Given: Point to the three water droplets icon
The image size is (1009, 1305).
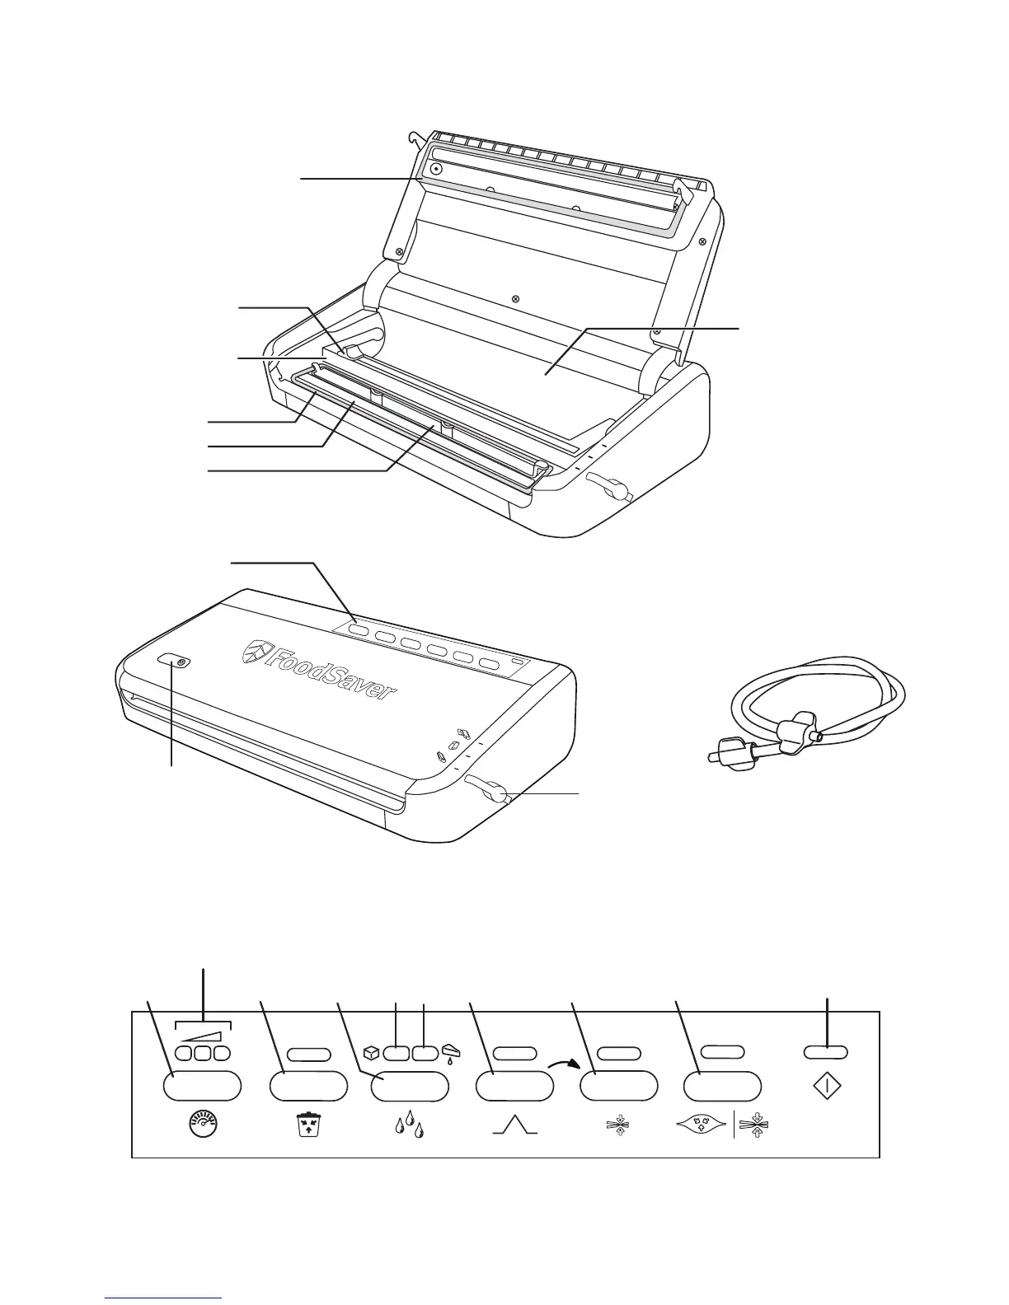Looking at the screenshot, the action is click(x=410, y=1124).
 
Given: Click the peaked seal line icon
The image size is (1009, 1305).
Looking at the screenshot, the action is click(x=514, y=1124).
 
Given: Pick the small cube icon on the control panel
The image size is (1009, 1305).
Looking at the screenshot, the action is click(x=372, y=1052).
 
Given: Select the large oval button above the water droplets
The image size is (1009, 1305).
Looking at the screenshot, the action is click(x=410, y=1086).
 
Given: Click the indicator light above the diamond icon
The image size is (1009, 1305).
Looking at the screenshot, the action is click(x=826, y=1052).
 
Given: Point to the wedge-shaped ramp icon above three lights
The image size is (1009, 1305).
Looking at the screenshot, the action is click(x=203, y=1036).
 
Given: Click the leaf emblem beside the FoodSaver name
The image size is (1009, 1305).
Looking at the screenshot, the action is click(x=255, y=653).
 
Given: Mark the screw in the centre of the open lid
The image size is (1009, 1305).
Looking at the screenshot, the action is click(x=515, y=298).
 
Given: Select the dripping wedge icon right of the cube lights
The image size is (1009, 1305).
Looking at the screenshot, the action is click(x=450, y=1053).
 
